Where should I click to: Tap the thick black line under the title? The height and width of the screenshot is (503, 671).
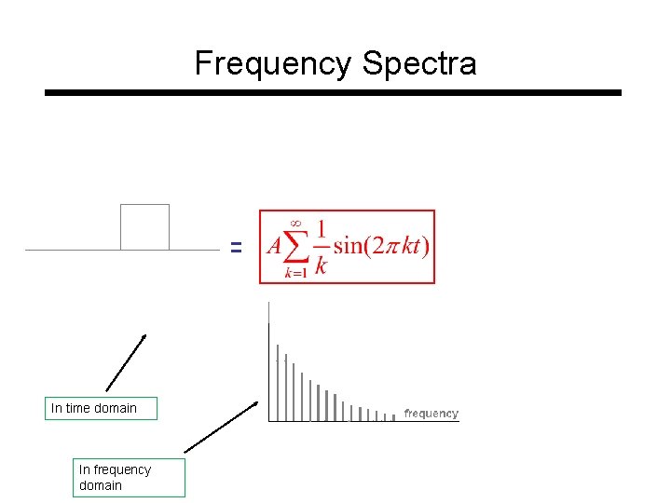point(333,93)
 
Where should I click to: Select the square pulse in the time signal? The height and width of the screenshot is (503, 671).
point(144,226)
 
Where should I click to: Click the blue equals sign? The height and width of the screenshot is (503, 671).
point(236,248)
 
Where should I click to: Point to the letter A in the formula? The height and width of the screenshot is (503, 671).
point(274,247)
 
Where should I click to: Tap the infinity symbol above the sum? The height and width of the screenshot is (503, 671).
point(297,222)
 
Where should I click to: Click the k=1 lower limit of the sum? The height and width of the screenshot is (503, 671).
point(296,274)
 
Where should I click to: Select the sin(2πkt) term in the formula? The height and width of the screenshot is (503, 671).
point(382,247)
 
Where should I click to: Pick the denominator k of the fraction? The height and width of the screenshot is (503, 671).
point(321,265)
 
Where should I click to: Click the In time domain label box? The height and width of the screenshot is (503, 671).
point(102,408)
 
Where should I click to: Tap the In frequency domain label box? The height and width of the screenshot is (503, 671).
point(129,477)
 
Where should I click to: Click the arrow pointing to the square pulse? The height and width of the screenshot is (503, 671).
point(126,362)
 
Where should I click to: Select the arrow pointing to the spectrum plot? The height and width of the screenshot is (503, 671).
point(221,427)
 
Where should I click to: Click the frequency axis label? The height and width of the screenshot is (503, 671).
point(431,414)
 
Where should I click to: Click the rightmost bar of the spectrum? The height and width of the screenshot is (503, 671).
point(394,417)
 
